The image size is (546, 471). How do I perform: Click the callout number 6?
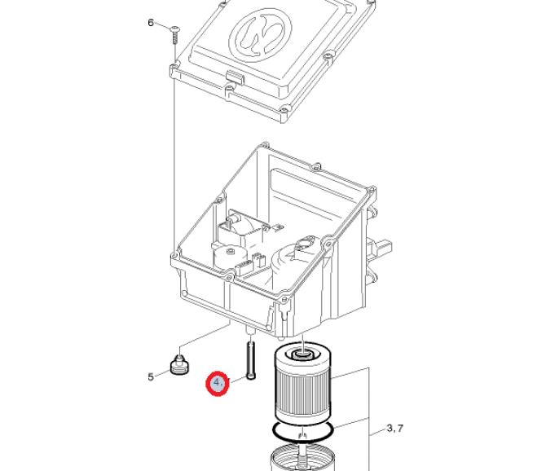[x=151, y=23]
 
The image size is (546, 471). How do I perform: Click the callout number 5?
[x=151, y=376]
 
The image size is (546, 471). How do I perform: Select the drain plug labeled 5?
[x=179, y=364]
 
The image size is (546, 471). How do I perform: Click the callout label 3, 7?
[x=395, y=428]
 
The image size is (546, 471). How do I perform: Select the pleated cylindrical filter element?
[x=303, y=383]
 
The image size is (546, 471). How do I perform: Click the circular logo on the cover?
[x=261, y=34]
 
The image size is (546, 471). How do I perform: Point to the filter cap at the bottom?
[x=302, y=458]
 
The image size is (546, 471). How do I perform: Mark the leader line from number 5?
[x=162, y=373]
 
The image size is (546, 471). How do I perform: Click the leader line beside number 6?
[x=162, y=25]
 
